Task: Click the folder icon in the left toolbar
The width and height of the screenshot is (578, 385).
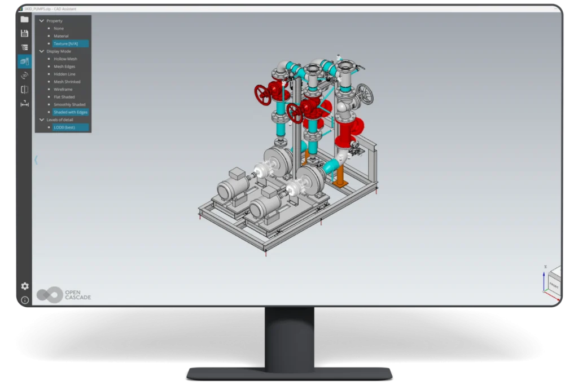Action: [24, 19]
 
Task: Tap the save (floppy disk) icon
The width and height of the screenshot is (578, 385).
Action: [24, 33]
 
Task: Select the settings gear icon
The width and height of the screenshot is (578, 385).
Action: [25, 286]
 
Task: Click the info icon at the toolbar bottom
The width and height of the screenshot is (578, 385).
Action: [25, 300]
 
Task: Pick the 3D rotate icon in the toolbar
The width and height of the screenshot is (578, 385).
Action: [24, 76]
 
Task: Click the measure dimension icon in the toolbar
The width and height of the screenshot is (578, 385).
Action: [24, 103]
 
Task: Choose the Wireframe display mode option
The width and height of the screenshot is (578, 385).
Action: [63, 89]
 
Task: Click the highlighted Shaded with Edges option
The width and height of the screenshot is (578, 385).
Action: [70, 112]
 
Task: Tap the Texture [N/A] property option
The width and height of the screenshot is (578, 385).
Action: [69, 43]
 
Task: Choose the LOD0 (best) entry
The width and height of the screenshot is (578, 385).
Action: [64, 127]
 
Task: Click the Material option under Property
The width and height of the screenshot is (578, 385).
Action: [61, 36]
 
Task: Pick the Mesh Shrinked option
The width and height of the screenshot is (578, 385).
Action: [67, 82]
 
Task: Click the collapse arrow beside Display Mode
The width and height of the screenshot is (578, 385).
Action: [41, 51]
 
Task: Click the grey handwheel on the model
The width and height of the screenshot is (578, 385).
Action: [365, 94]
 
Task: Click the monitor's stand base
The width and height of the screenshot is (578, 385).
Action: [289, 373]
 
